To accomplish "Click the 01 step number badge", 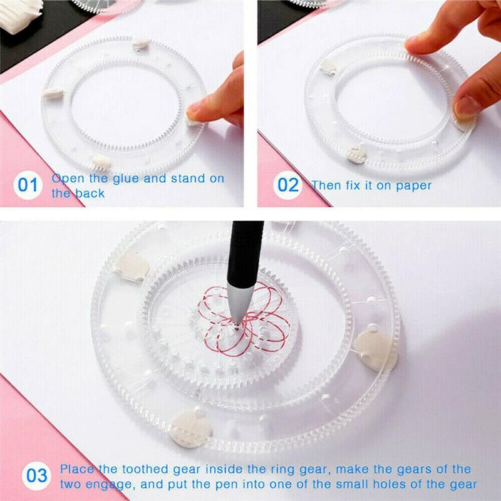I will point(28,185).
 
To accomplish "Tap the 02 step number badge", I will point(289,185).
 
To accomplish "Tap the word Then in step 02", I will point(326,185).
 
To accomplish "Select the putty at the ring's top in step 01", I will point(140,43).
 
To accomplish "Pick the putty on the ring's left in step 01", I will point(53,93).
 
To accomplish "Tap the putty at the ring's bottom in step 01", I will point(101,161).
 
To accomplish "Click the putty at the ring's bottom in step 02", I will point(357,153).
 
